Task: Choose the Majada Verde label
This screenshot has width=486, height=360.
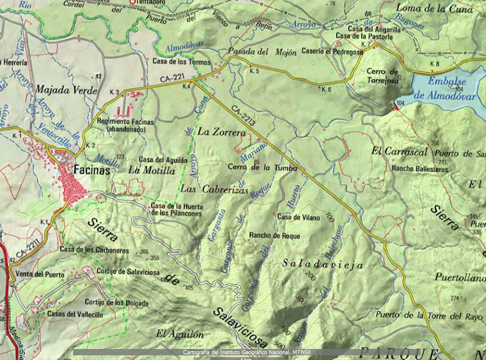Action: coord(66,90)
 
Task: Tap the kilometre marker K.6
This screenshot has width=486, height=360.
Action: coord(327,89)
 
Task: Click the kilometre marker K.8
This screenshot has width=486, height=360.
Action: coord(434,64)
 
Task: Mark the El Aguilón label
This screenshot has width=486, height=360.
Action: coord(177,333)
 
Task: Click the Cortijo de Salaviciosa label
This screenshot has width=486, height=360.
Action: coord(126,271)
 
